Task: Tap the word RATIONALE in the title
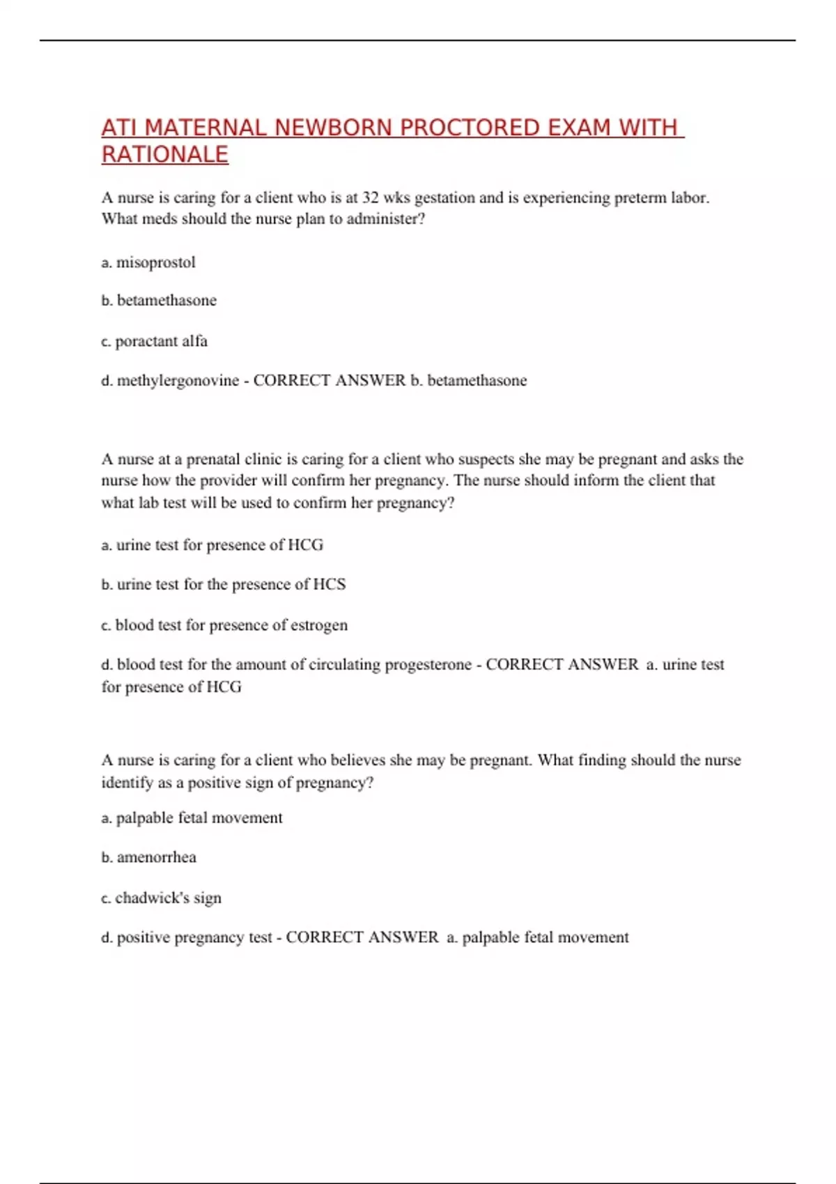tap(165, 154)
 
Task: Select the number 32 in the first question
tap(370, 198)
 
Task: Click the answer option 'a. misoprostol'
tap(148, 263)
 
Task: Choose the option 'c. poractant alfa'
tap(154, 341)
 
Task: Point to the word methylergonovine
tap(178, 380)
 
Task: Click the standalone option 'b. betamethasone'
tap(159, 300)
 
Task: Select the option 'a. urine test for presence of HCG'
tap(212, 545)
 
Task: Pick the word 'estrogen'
tap(318, 625)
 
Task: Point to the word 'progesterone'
tap(428, 664)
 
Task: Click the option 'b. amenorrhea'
tap(148, 857)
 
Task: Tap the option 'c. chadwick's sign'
tap(161, 898)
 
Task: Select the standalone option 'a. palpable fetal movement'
tap(192, 818)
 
